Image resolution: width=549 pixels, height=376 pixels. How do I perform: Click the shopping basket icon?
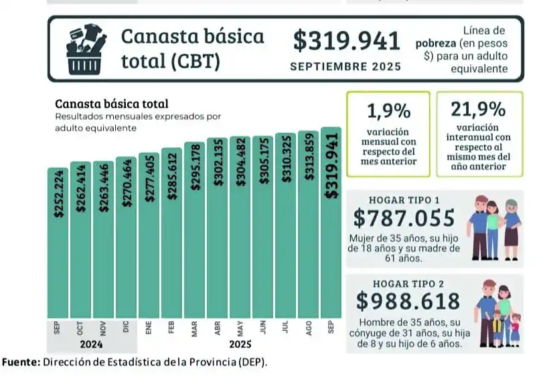[86, 48]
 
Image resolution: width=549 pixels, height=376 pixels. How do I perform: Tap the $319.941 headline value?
[346, 41]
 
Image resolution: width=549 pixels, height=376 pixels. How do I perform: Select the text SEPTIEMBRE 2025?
[345, 67]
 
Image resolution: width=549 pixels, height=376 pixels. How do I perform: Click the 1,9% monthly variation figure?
[388, 110]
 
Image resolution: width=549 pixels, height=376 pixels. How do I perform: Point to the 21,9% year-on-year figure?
[479, 109]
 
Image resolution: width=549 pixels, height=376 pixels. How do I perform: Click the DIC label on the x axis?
[126, 328]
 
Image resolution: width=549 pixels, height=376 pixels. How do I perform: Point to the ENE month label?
[149, 328]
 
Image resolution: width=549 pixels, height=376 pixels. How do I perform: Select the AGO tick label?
[308, 328]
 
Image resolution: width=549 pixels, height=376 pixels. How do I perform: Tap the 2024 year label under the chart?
[92, 345]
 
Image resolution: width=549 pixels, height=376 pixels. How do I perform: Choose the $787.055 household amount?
[405, 218]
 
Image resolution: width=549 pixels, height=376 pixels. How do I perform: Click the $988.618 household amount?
[408, 301]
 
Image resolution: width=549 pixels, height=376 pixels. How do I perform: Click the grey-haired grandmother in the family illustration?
[512, 227]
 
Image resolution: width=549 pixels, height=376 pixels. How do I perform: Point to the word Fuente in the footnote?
[21, 363]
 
